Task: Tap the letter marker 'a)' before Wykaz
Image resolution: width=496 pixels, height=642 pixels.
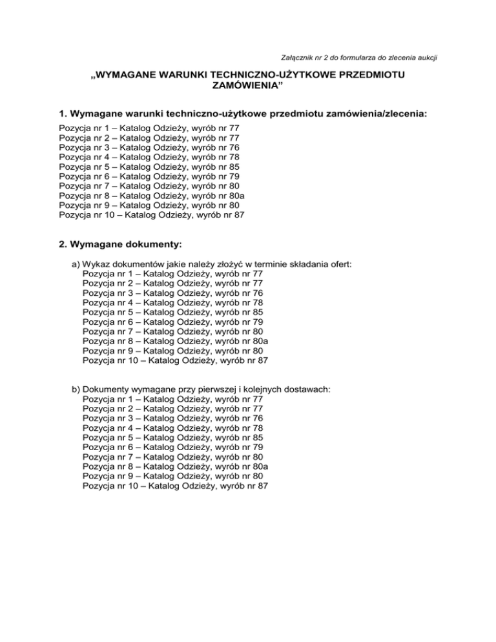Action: pyautogui.click(x=76, y=264)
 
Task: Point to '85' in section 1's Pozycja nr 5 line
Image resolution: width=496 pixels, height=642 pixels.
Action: pyautogui.click(x=233, y=166)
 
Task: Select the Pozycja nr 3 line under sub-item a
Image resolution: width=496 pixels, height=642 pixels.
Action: pyautogui.click(x=173, y=293)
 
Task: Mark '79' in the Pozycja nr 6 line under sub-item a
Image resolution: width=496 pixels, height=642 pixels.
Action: pyautogui.click(x=257, y=322)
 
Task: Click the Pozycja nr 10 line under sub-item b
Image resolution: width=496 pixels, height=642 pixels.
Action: pyautogui.click(x=176, y=486)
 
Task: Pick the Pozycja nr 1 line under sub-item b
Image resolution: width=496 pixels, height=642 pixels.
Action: pyautogui.click(x=173, y=399)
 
